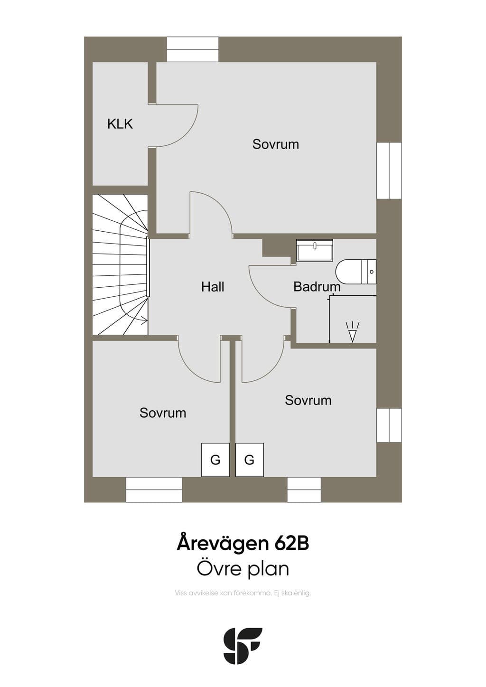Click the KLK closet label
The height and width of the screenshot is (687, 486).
pos(120,124)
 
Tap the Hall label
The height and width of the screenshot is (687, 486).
pos(213,287)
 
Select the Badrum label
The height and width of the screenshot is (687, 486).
pos(317,287)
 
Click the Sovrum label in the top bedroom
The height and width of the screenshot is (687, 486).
pos(276,144)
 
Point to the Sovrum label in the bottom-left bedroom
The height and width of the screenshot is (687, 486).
pos(163,413)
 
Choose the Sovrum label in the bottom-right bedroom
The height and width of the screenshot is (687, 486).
pos(308,400)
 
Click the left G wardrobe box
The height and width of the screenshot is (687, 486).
pos(215,460)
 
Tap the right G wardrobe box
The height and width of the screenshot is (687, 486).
pos(250,460)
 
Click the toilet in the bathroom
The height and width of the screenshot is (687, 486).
pos(356,272)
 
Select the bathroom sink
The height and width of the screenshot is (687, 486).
pos(315,250)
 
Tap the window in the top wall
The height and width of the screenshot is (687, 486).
pos(193,49)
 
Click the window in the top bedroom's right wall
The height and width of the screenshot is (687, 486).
pos(389,170)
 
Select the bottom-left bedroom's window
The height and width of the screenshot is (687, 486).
pos(154,489)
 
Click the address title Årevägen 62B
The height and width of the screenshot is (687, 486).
pos(243,544)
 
